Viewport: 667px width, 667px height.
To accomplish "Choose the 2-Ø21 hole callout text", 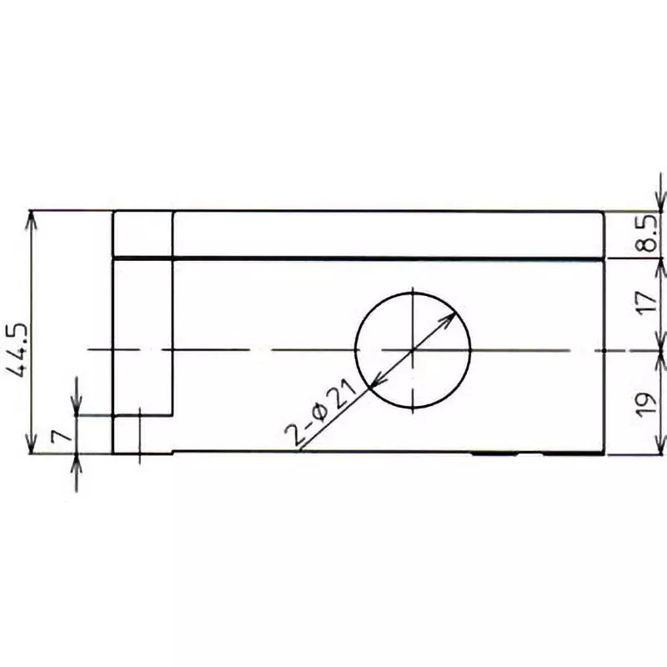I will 321,413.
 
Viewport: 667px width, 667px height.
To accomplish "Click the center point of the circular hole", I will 414,351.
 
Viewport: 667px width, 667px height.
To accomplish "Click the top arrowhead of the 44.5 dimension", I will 32,218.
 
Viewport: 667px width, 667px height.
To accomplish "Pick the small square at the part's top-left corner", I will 143,234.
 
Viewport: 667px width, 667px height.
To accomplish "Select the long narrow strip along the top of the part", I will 388,234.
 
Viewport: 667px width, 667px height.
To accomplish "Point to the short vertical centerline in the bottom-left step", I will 140,434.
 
